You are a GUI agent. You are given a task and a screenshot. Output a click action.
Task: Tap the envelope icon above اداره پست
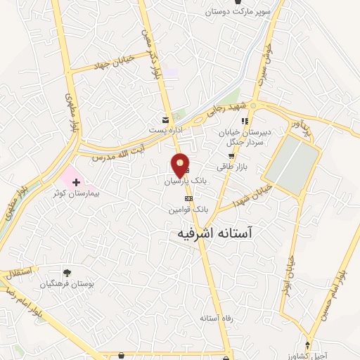165,119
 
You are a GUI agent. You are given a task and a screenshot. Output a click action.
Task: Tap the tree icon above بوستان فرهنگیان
67,273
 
